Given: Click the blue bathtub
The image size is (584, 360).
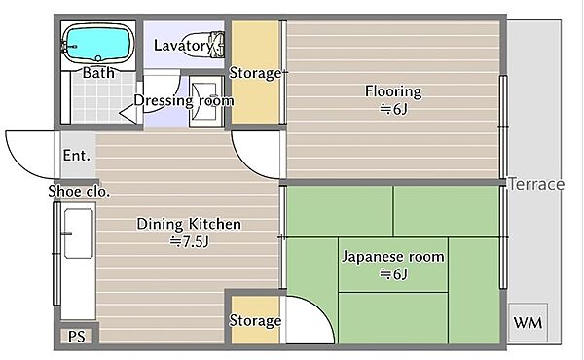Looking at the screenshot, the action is [x=98, y=44].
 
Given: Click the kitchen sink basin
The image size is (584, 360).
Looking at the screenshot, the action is [x=78, y=234].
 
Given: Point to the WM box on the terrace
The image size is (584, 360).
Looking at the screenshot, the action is [x=528, y=322].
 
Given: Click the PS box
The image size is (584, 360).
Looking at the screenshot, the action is [x=77, y=337].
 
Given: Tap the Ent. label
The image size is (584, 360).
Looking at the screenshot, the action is [x=76, y=156].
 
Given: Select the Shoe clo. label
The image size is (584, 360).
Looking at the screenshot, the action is [x=79, y=191].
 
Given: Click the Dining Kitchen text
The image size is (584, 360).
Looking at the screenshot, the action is [x=189, y=224].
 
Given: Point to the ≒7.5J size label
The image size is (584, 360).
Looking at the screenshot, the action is [x=189, y=242].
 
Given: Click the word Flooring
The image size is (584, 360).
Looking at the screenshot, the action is [x=393, y=91].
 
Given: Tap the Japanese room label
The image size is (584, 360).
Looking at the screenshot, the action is [x=393, y=257].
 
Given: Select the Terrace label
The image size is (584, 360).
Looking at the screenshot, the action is [x=536, y=184].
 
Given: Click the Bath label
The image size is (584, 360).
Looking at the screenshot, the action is [x=98, y=73].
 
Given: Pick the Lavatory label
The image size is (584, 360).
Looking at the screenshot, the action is [x=184, y=46].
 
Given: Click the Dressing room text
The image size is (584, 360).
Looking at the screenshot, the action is [x=184, y=100].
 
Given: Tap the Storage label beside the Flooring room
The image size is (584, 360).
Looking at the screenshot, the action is [x=255, y=73].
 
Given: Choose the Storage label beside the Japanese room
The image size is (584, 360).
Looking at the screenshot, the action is [x=255, y=320].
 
